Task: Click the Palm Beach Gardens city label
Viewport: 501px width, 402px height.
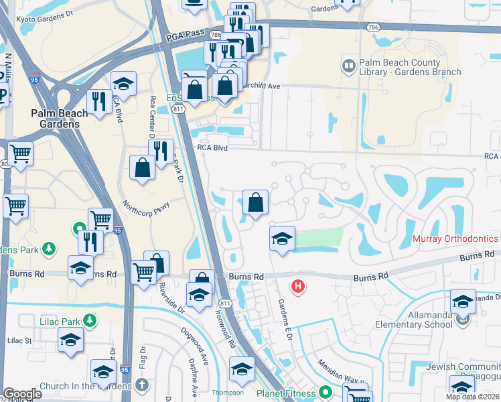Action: click(x=59, y=119)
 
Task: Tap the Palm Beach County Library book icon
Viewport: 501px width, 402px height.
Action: click(x=348, y=66)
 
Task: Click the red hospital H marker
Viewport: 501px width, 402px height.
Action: click(x=298, y=287)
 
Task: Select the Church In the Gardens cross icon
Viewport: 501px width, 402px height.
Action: click(x=141, y=385)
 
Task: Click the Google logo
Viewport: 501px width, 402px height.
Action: click(x=22, y=394)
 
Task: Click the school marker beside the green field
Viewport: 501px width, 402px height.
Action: click(x=282, y=239)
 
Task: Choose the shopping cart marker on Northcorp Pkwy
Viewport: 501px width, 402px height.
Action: click(x=100, y=219)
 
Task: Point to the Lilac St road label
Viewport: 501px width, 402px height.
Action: click(x=19, y=341)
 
